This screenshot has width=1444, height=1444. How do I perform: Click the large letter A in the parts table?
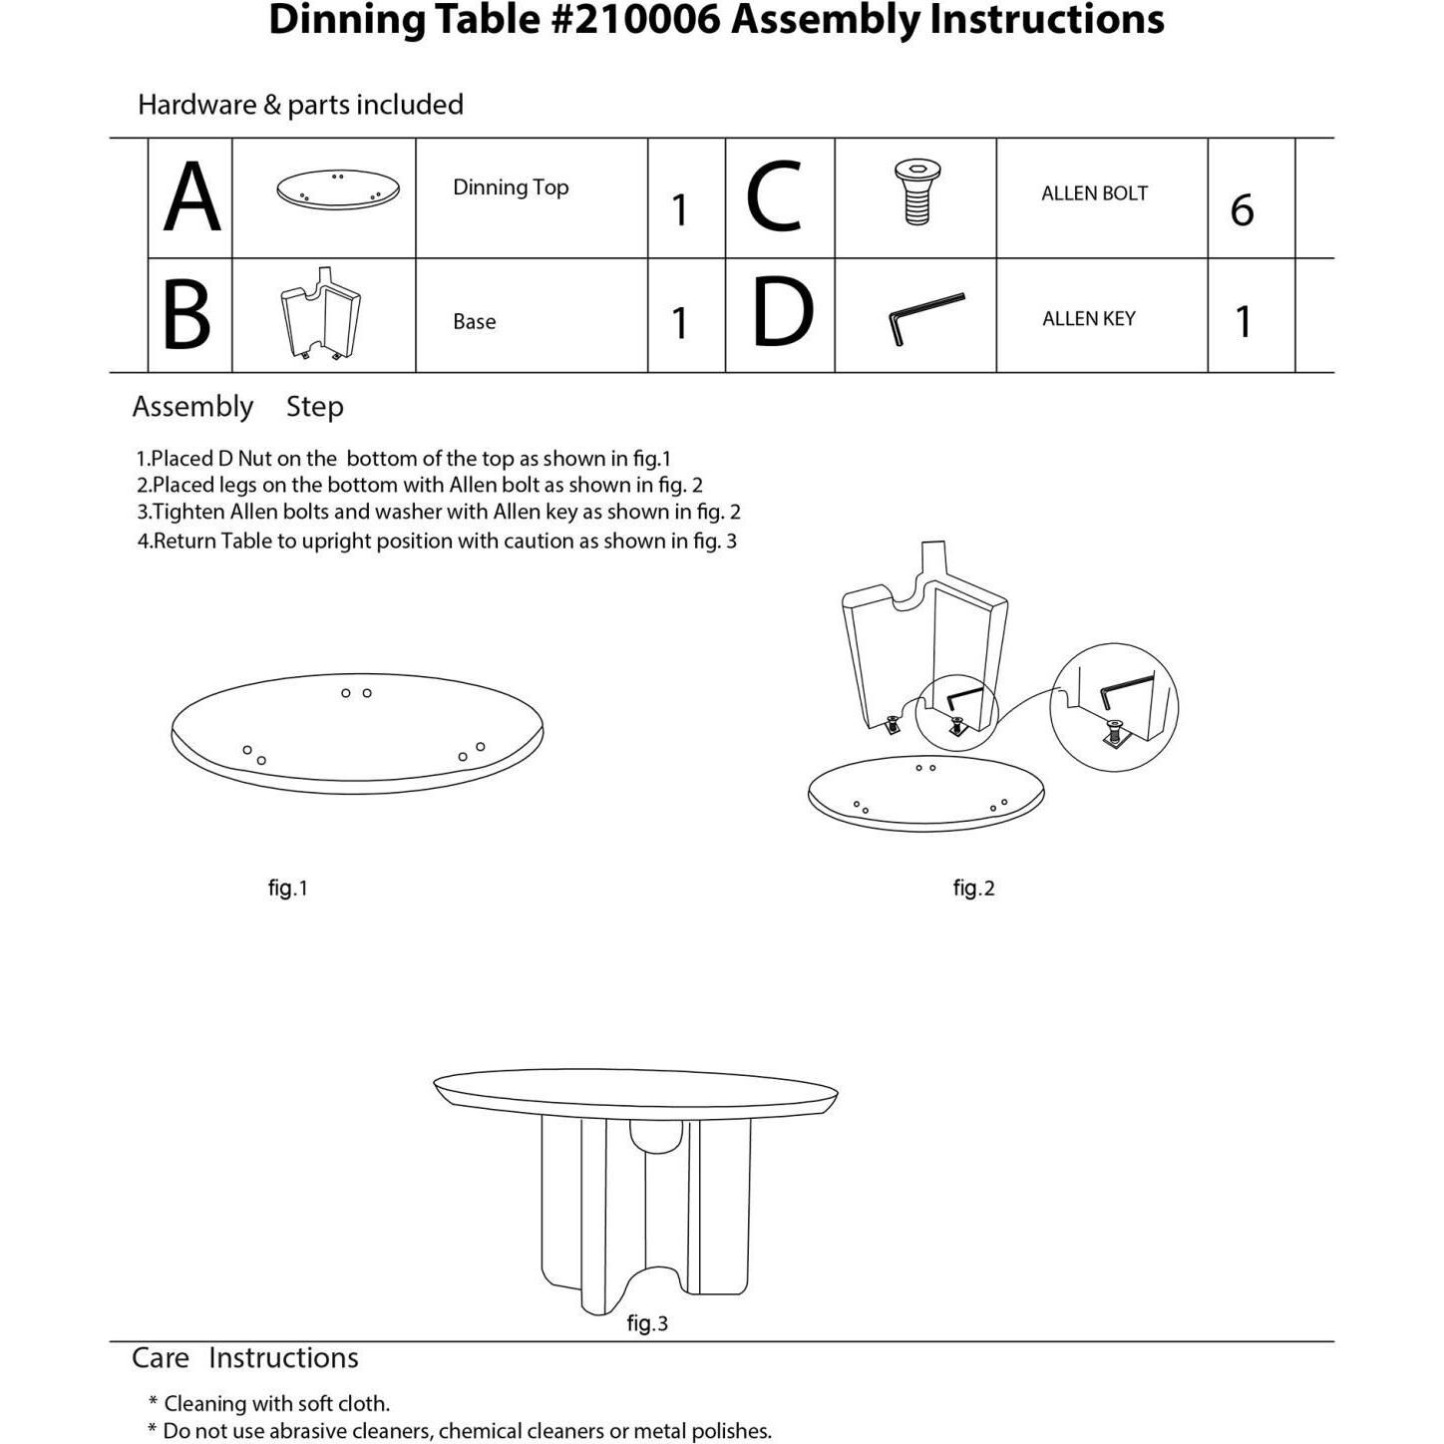pyautogui.click(x=190, y=198)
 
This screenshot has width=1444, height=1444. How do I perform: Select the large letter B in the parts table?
pyautogui.click(x=186, y=315)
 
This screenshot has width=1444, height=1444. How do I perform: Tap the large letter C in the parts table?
pyautogui.click(x=774, y=198)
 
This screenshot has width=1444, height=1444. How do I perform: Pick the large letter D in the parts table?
pyautogui.click(x=782, y=313)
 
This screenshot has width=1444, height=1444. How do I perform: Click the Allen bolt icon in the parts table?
pyautogui.click(x=916, y=192)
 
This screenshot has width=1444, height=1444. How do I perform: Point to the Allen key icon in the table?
pyautogui.click(x=925, y=317)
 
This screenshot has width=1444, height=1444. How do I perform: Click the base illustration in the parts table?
pyautogui.click(x=321, y=313)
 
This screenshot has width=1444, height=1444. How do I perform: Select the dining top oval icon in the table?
pyautogui.click(x=338, y=189)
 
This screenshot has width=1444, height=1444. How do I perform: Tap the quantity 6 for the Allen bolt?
pyautogui.click(x=1242, y=210)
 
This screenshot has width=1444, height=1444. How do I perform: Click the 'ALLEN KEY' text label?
pyautogui.click(x=1089, y=319)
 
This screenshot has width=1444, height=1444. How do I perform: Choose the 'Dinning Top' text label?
pyautogui.click(x=511, y=187)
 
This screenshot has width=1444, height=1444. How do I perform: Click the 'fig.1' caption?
pyautogui.click(x=288, y=888)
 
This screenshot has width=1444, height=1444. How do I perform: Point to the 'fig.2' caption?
pyautogui.click(x=973, y=888)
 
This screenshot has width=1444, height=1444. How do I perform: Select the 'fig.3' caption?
pyautogui.click(x=647, y=1323)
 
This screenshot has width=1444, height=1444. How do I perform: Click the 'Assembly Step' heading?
pyautogui.click(x=238, y=407)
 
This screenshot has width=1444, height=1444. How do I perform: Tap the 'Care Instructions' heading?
pyautogui.click(x=245, y=1358)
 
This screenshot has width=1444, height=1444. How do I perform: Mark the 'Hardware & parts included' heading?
pyautogui.click(x=300, y=105)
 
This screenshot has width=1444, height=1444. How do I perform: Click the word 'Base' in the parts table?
pyautogui.click(x=475, y=321)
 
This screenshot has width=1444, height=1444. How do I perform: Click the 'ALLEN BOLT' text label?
pyautogui.click(x=1094, y=193)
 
